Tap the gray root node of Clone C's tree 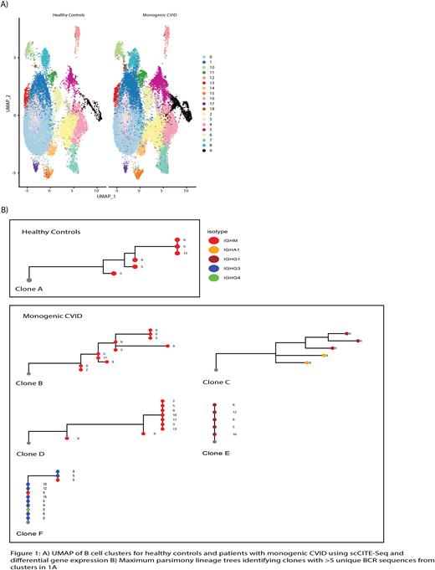[217, 369]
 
